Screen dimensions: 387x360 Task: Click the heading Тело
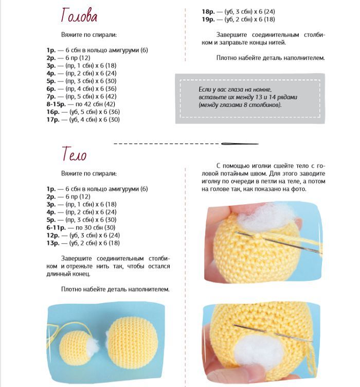click(x=74, y=153)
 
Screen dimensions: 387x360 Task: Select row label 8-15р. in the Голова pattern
click(x=55, y=104)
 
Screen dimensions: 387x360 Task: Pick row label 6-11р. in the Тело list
click(x=55, y=227)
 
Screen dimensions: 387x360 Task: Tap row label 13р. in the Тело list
click(x=53, y=243)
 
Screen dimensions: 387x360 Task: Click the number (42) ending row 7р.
click(x=111, y=96)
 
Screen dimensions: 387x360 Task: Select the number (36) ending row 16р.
click(x=114, y=112)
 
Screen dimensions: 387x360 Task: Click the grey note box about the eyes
click(x=249, y=98)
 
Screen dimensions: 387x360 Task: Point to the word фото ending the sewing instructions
click(x=298, y=189)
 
